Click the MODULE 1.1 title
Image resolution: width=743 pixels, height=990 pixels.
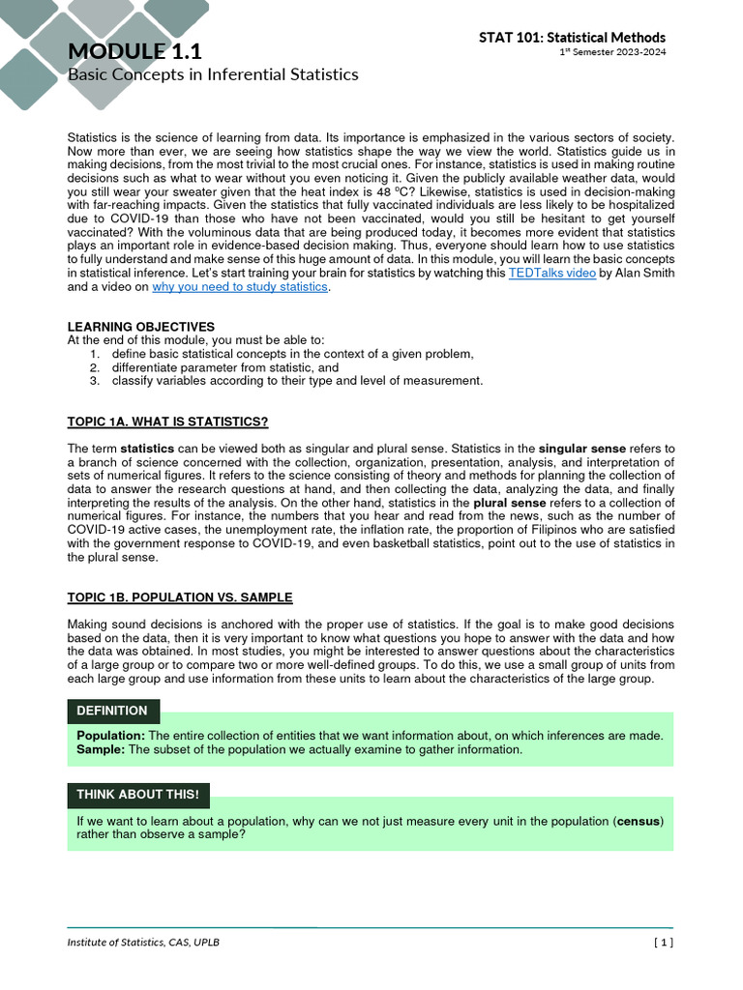[x=134, y=50]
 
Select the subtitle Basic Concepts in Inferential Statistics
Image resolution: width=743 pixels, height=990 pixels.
[x=213, y=74]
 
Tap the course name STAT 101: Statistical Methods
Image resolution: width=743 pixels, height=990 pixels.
[x=572, y=37]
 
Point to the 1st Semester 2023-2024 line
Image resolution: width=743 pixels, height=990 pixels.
[x=613, y=52]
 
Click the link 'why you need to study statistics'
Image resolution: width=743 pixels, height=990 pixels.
[x=240, y=287]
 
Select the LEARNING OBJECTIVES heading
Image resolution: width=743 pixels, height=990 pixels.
[x=141, y=327]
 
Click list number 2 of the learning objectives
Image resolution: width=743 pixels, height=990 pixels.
[x=95, y=367]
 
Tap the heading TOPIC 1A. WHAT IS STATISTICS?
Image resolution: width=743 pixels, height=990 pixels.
[x=167, y=422]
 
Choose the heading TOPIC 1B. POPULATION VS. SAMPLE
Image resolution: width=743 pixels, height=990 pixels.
[x=180, y=597]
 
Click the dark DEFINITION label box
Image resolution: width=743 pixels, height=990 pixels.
[x=112, y=711]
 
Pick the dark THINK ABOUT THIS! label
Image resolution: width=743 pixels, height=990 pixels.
[x=137, y=795]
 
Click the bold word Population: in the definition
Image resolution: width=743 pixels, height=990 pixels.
[x=110, y=736]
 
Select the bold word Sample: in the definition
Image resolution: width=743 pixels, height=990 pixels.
[x=101, y=749]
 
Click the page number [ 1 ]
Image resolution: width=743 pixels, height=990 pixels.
[x=663, y=943]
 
